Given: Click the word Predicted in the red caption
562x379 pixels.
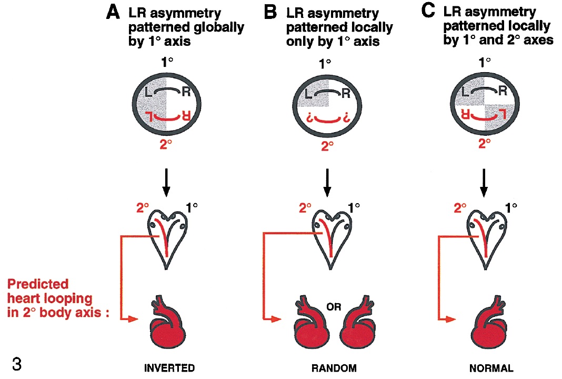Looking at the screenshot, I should pyautogui.click(x=38, y=285).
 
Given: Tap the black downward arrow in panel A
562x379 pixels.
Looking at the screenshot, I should pyautogui.click(x=166, y=182).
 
